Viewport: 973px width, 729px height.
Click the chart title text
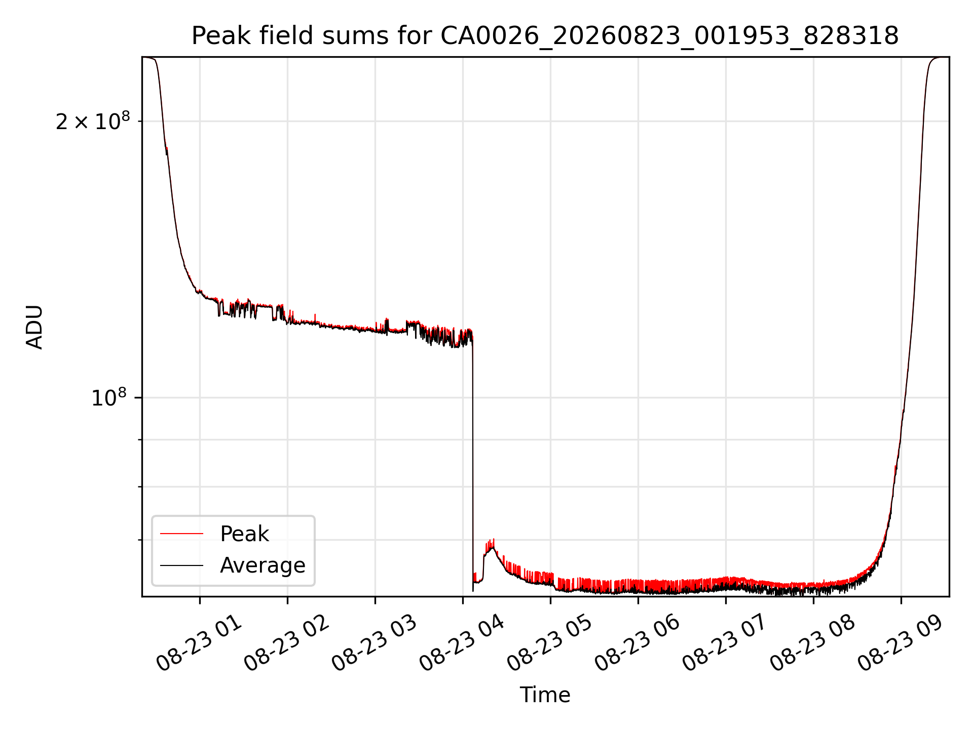point(545,36)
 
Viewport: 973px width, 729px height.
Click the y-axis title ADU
point(34,327)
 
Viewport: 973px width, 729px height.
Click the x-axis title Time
point(545,695)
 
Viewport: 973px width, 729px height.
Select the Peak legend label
point(244,534)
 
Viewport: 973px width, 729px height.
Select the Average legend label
point(263,565)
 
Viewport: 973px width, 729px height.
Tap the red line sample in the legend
point(181,534)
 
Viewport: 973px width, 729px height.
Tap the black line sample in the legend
point(181,565)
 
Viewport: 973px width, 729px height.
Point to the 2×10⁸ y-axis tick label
point(93,121)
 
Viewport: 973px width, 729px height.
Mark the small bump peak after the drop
point(491,545)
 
